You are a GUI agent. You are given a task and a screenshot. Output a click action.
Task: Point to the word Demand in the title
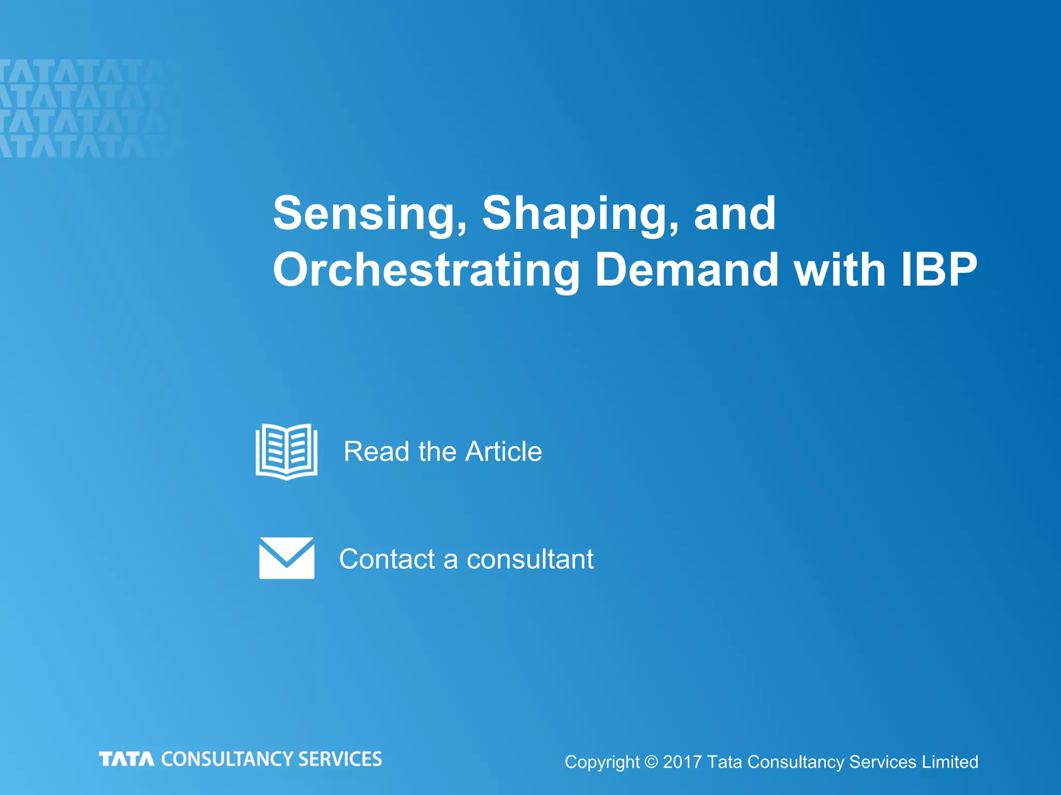(x=687, y=270)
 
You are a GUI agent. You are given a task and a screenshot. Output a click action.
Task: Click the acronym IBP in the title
(x=939, y=270)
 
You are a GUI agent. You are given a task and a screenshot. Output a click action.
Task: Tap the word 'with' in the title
(x=840, y=270)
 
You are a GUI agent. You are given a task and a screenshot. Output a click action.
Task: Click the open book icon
(x=286, y=451)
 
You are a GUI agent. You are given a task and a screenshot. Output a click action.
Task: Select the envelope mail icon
(x=286, y=558)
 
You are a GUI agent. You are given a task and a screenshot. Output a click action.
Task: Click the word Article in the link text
(x=504, y=451)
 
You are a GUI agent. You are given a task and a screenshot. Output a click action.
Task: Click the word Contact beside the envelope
(x=387, y=559)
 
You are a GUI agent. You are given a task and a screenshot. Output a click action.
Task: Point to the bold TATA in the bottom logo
(x=126, y=759)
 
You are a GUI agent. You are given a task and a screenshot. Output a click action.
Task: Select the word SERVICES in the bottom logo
(x=340, y=759)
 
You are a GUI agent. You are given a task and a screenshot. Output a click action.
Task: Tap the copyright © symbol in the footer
(x=651, y=762)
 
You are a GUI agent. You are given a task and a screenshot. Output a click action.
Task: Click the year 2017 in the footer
(x=682, y=762)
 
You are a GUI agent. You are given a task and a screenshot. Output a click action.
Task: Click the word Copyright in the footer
(x=602, y=762)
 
